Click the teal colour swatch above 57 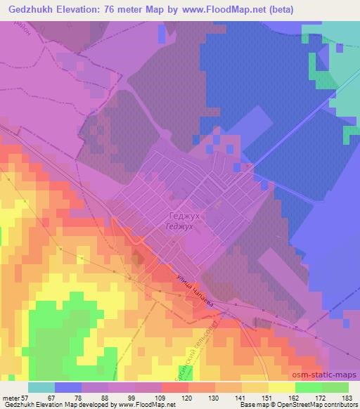pos(41,387)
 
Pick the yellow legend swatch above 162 pos(281,387)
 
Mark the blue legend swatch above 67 pos(68,387)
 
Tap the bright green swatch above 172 pos(309,387)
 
